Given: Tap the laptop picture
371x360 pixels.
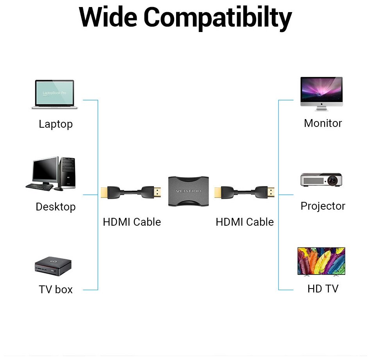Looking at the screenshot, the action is click(54, 94).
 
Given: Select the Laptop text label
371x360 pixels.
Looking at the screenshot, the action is click(55, 124).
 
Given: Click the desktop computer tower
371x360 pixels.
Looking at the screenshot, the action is click(67, 172).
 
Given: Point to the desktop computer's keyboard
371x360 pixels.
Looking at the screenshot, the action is click(39, 187).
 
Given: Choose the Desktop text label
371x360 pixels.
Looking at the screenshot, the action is click(55, 207).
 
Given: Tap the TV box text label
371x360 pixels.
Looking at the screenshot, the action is click(55, 289).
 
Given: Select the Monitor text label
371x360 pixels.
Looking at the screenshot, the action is click(323, 123).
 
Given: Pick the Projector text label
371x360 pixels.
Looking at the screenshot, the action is click(323, 206).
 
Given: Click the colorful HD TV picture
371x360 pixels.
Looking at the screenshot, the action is click(321, 260).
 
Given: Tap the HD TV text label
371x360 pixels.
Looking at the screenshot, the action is click(323, 289).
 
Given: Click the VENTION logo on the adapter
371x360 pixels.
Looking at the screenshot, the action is click(189, 191).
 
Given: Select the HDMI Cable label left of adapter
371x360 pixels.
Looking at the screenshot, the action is click(132, 222).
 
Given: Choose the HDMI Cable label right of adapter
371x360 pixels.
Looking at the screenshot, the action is click(244, 222).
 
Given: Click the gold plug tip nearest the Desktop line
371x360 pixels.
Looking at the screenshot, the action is click(104, 192).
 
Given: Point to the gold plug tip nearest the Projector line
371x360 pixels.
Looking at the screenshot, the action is click(271, 192).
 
